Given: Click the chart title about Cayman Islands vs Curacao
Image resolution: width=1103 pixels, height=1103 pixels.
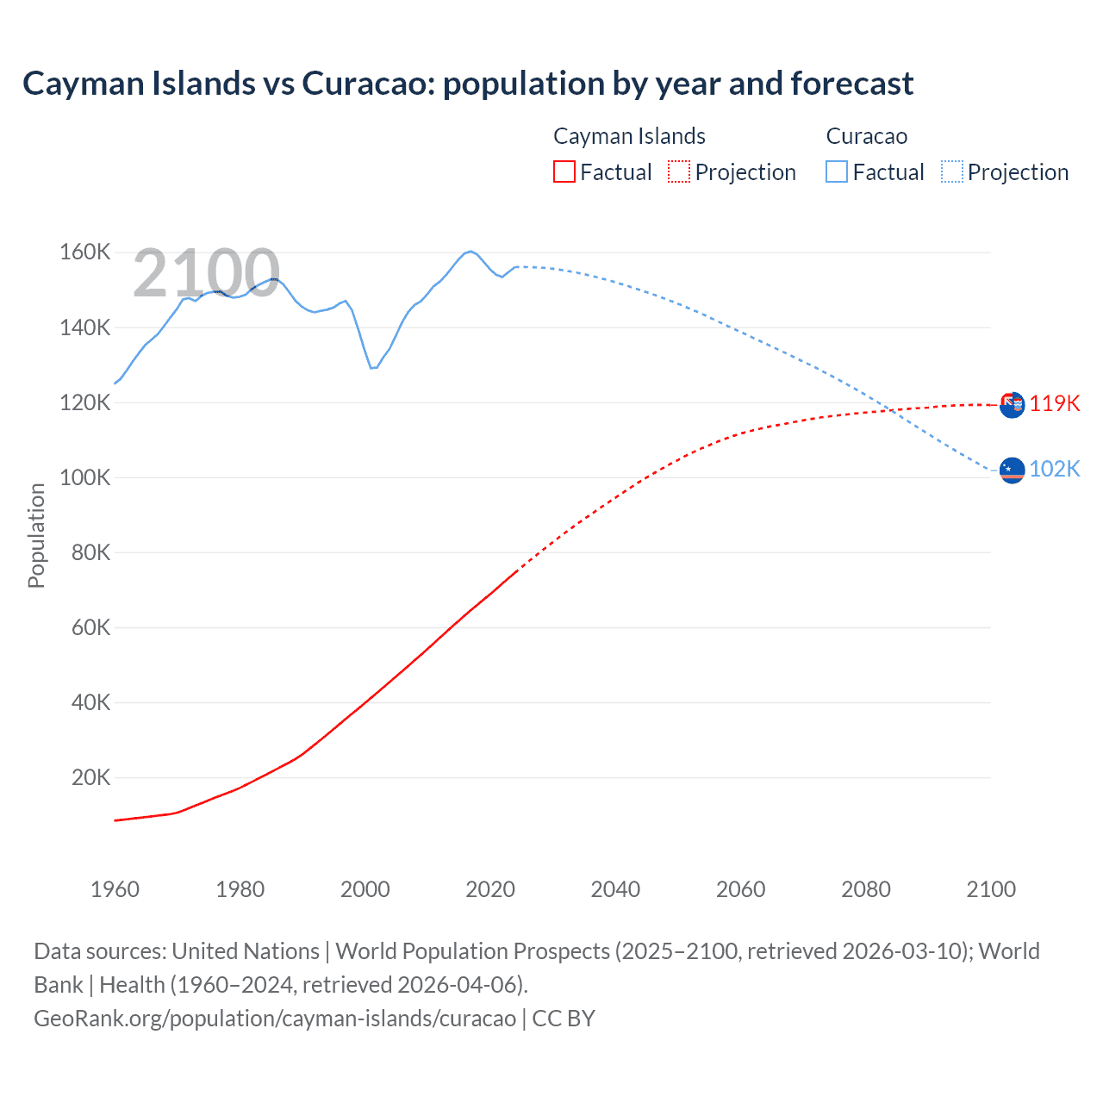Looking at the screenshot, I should [468, 84].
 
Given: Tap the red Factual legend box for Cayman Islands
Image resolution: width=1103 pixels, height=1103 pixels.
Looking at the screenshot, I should [564, 171].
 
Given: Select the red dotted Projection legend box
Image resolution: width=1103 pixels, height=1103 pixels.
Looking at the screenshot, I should [679, 171].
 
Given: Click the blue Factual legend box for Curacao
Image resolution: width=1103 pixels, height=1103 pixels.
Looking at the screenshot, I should [837, 171].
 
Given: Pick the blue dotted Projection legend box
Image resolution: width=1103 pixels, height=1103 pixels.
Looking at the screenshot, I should [952, 171].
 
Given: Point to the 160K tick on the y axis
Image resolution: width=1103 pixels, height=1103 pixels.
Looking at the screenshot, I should [84, 252].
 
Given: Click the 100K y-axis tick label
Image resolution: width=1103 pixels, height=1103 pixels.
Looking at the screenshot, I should [84, 477].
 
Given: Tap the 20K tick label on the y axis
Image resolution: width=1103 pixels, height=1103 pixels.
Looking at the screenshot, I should [90, 777].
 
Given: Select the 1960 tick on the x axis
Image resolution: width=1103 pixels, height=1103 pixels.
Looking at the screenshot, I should [115, 889].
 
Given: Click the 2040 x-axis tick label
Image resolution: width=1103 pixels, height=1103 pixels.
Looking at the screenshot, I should [615, 889].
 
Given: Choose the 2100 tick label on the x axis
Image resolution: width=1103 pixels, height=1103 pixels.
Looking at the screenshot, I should [991, 889].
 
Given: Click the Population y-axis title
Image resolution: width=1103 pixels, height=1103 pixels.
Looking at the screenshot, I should [36, 535].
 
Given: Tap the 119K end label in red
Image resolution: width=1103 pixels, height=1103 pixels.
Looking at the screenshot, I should [1055, 403].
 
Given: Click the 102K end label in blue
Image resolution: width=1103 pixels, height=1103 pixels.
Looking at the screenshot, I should [1055, 469].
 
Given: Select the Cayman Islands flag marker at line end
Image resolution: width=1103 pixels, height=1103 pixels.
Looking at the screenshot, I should [1013, 404].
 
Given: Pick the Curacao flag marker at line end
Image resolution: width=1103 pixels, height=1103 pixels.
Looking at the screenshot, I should [1013, 470].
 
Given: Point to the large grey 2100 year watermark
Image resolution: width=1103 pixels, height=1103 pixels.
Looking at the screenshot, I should [206, 274].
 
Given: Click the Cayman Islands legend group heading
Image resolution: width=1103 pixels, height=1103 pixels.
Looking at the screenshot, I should [629, 136].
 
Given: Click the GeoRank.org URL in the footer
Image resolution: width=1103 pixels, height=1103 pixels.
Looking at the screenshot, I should [275, 1018].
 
